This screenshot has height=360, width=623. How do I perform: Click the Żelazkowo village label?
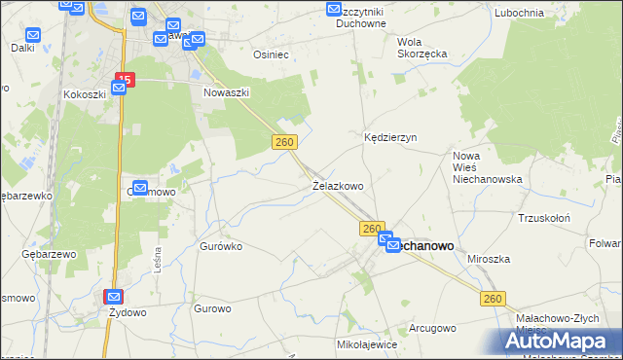338,185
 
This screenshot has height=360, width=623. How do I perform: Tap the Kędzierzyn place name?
390,137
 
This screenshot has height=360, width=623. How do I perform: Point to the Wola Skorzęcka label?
422,48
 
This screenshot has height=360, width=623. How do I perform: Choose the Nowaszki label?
227,92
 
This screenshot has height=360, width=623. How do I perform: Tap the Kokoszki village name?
84,94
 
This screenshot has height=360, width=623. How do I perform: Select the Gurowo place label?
212,308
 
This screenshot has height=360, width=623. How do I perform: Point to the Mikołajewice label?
366,343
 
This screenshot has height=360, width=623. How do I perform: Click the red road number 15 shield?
125,79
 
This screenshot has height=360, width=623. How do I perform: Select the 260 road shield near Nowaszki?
283,142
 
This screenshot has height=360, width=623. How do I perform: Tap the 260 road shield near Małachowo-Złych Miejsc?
493,299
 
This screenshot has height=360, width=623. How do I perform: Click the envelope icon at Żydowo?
114,297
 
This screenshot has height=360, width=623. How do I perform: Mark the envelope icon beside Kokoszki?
119,89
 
